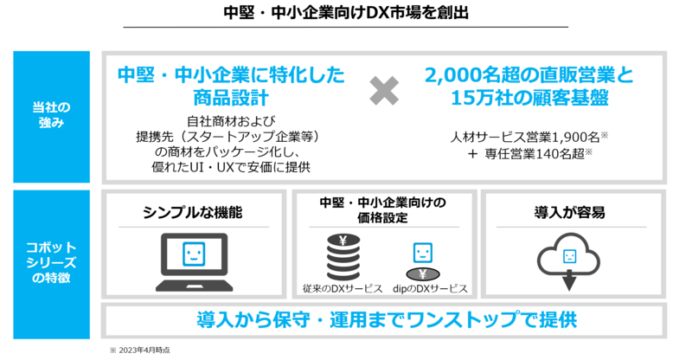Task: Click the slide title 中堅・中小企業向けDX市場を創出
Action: (346, 12)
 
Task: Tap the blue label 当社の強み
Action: (51, 115)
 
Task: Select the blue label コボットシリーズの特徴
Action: (51, 262)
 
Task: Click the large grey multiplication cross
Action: (384, 91)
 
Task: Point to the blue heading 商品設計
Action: (231, 98)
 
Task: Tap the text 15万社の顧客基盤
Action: (529, 98)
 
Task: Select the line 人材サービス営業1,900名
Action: (525, 138)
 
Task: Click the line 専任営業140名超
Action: (535, 154)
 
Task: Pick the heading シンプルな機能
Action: (193, 213)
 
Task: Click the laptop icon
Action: (194, 262)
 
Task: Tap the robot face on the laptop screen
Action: (194, 254)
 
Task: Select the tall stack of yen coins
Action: (343, 257)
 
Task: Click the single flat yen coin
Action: (422, 274)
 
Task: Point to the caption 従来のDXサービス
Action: (343, 289)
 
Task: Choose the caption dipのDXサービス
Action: (430, 289)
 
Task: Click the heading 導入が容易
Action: (569, 213)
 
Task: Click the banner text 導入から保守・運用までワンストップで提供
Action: (387, 320)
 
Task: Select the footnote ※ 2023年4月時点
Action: (140, 350)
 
